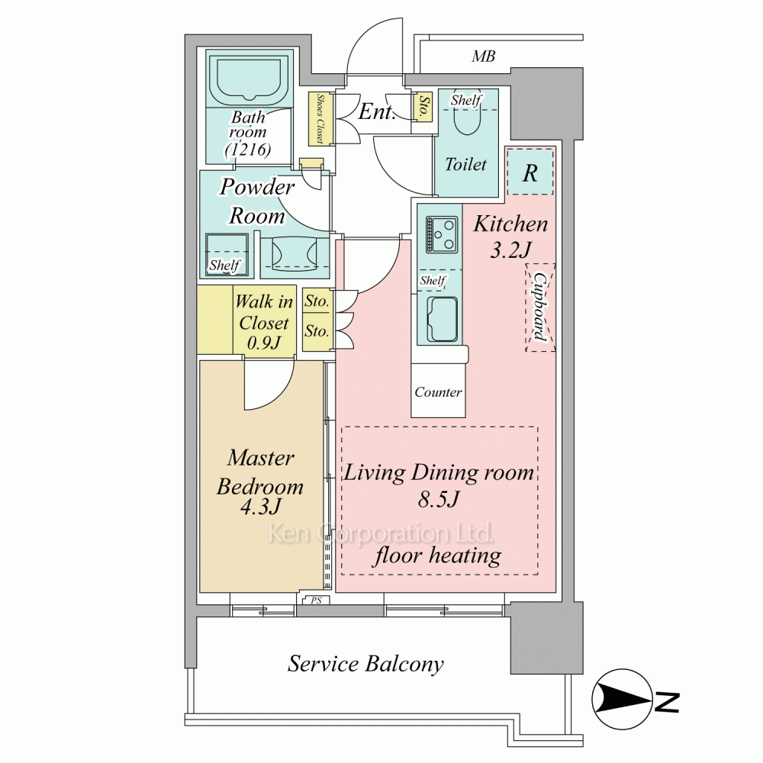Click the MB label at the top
[x=483, y=56]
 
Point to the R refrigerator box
[x=530, y=172]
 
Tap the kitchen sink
[x=442, y=319]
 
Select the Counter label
[x=438, y=392]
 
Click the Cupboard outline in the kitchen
[x=540, y=307]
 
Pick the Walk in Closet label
[x=264, y=323]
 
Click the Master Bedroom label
[x=260, y=472]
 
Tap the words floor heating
[x=437, y=555]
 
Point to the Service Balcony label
[x=365, y=664]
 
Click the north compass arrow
[x=624, y=699]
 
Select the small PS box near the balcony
[x=315, y=600]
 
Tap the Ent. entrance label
[x=376, y=113]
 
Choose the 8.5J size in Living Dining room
[x=438, y=501]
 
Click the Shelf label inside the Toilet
[x=465, y=100]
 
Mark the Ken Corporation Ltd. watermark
[x=380, y=533]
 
